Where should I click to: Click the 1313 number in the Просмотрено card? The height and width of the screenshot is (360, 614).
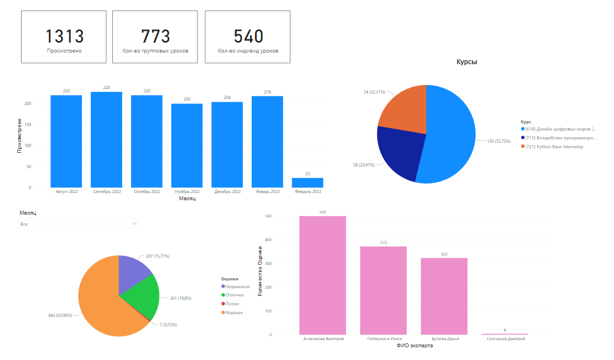pos(64,36)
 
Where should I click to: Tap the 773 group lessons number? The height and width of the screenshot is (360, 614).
pos(155,36)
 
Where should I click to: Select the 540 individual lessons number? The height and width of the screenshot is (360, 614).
pos(248,36)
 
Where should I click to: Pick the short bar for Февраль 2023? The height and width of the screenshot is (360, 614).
pos(308,182)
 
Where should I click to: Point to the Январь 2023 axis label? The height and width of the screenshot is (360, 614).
pos(267,192)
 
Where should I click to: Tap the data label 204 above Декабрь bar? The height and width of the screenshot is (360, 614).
pos(227,97)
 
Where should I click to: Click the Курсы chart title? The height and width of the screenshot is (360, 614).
pos(466,62)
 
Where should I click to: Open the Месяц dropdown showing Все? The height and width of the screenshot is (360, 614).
pos(78,224)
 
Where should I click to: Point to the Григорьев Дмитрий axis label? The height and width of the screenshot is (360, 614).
pos(504,339)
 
